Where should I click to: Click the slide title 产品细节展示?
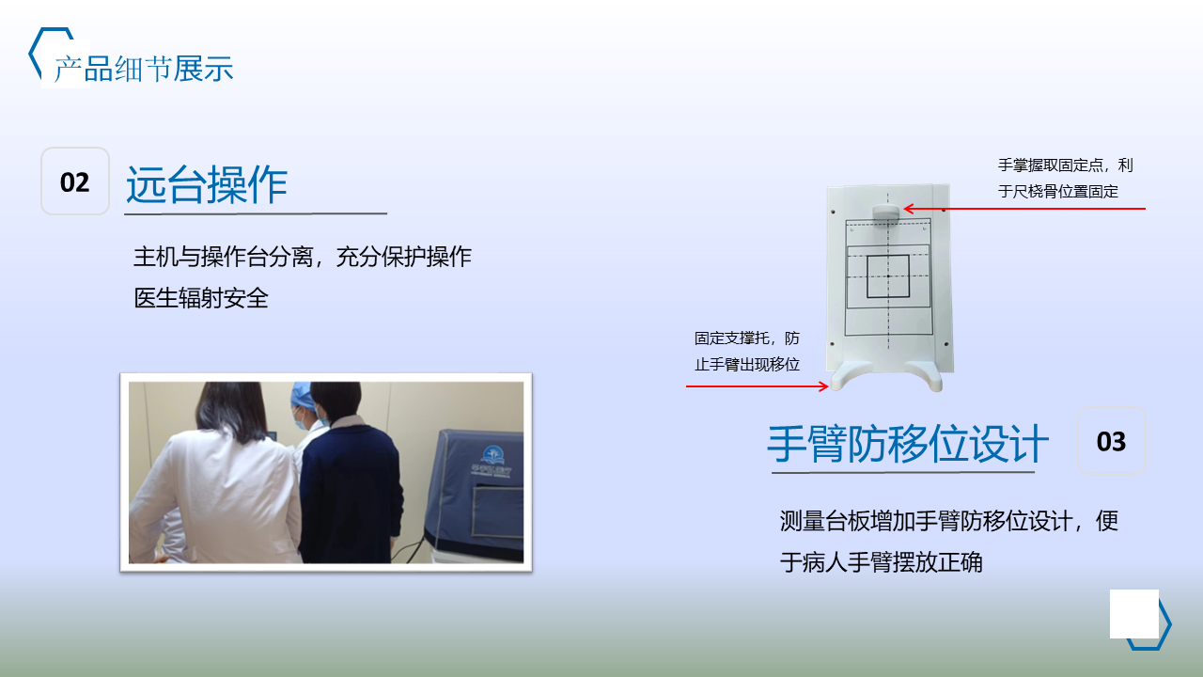point(144,69)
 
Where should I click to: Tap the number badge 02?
point(75,181)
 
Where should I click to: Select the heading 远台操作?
point(207,184)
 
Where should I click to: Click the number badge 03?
point(1111,441)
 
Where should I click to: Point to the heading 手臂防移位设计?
point(908,444)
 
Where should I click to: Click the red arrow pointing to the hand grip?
point(1024,209)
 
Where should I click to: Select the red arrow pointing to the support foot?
point(758,386)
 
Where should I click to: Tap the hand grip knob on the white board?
point(885,212)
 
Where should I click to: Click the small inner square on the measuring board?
point(888,276)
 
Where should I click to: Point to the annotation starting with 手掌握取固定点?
point(1066,178)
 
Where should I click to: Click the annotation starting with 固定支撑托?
point(747,352)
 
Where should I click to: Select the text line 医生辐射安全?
point(201,298)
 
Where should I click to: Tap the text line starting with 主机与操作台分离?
point(303,257)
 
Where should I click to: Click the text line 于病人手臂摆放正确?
point(882,562)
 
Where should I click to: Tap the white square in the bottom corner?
point(1134,614)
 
